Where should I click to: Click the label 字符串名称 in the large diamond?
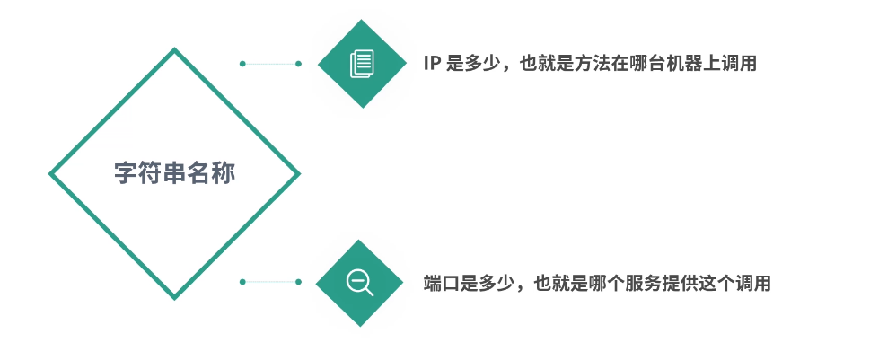[x=175, y=173]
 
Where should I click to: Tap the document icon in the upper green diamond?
[x=363, y=63]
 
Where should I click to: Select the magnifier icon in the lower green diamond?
[x=359, y=283]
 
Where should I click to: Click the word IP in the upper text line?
[x=432, y=63]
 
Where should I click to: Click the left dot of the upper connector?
[x=242, y=64]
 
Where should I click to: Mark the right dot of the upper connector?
[x=298, y=64]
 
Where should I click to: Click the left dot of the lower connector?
[x=242, y=282]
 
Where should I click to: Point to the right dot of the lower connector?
[x=298, y=282]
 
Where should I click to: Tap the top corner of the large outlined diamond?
[x=175, y=49]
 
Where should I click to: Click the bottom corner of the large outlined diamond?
[x=175, y=298]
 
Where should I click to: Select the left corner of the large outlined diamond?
[x=50, y=173]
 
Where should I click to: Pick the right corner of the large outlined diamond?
[x=299, y=173]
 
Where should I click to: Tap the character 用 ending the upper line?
[x=748, y=63]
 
